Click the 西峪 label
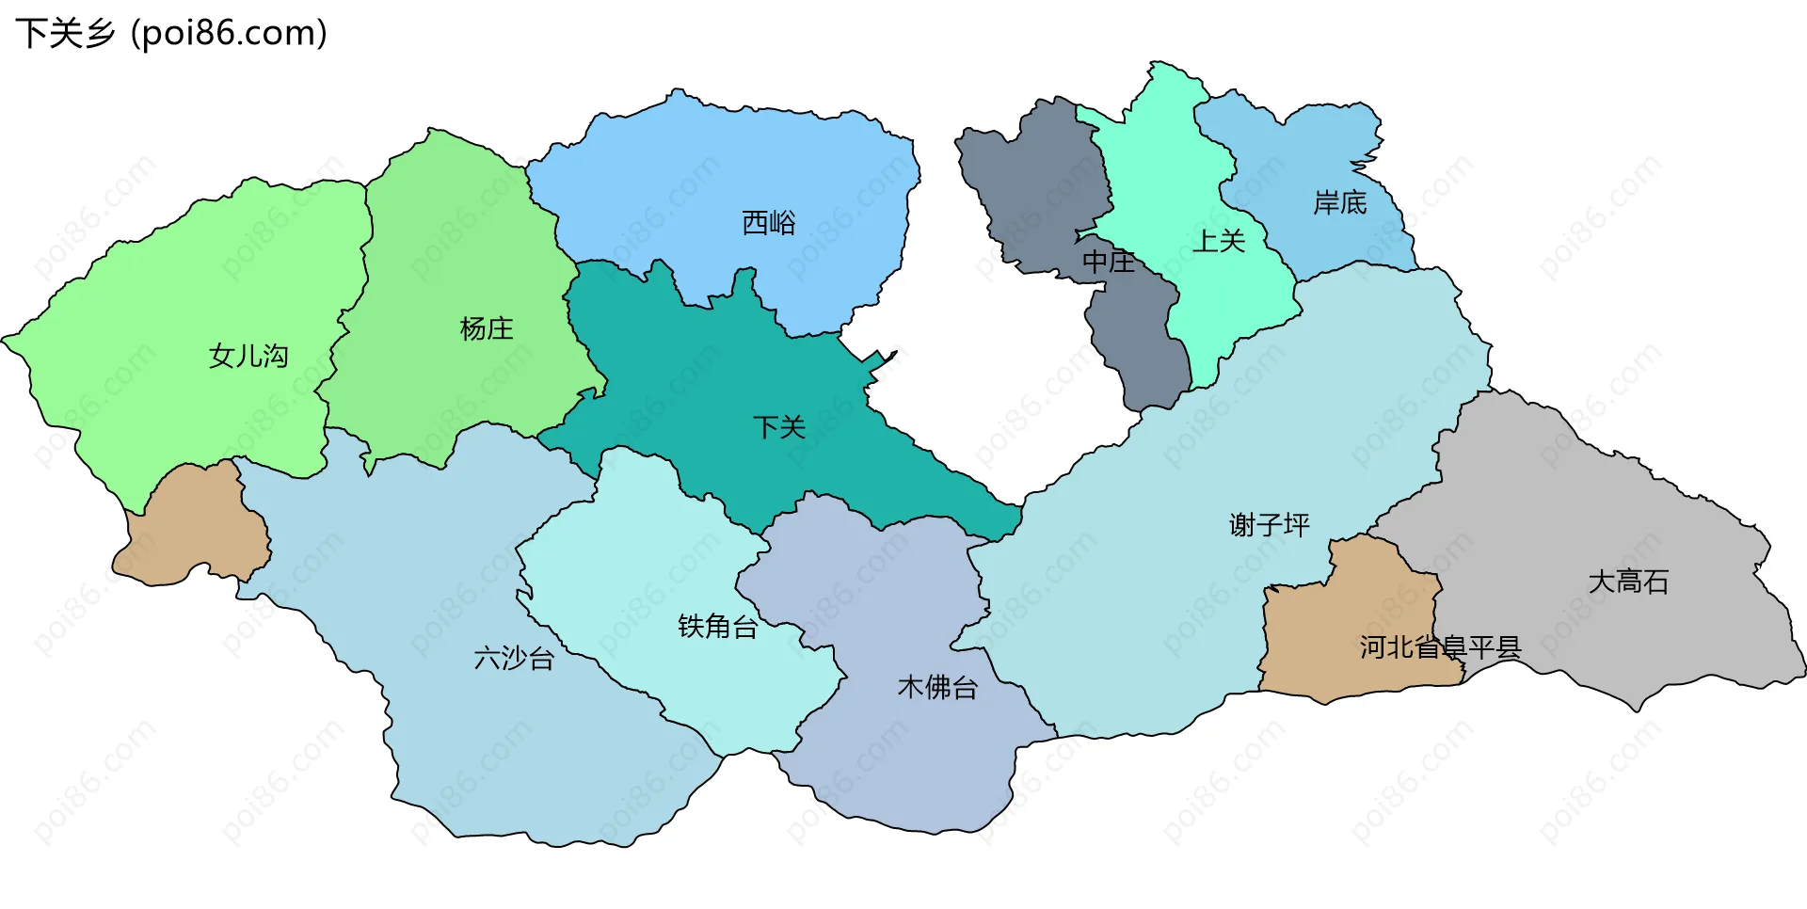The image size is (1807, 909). tap(769, 223)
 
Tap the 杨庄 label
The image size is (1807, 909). tap(486, 328)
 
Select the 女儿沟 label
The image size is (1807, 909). tap(248, 356)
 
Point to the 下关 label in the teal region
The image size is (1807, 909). tap(779, 427)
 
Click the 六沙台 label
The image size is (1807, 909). tap(514, 658)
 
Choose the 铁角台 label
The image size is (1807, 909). tap(718, 626)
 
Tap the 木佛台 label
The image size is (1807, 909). tap(937, 687)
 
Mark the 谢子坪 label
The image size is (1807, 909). tap(1269, 524)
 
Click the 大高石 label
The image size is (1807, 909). tap(1628, 582)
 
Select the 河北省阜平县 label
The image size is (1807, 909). tap(1440, 646)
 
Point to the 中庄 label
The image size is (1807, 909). tap(1109, 261)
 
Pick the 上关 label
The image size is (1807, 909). tap(1219, 241)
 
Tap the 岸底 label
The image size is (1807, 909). tap(1339, 202)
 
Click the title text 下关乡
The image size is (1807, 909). tap(65, 33)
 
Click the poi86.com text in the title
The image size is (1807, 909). tap(229, 33)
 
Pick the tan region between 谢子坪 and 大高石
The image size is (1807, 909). tap(1336, 621)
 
